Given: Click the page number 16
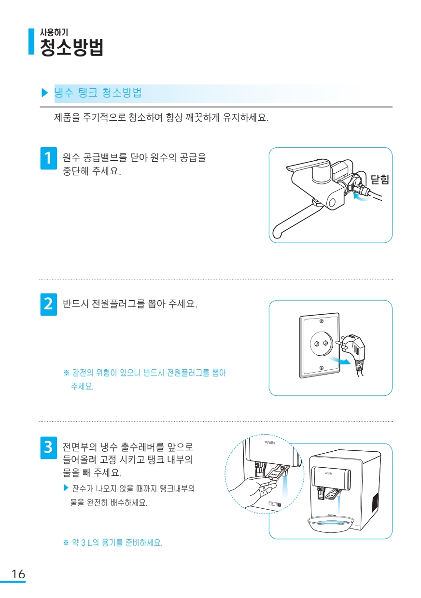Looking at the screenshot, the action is pos(18,574).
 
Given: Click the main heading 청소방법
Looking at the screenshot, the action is pos(71,47).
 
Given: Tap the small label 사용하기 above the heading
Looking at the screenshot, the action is pos(54,32).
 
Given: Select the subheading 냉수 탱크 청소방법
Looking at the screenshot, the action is pos(98,92).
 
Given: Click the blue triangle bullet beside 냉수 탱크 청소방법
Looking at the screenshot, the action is pos(44,93).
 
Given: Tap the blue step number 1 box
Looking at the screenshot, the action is pos(48,158).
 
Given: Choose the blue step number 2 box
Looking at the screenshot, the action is pos(48,304).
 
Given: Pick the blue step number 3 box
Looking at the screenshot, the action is pos(48,448).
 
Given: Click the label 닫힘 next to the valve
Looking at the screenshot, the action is pos(379,179).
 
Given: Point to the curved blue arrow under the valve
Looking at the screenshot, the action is pos(362,198).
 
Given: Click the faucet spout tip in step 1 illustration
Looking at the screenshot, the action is pos(277,234).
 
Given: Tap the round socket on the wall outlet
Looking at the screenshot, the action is pos(322,344).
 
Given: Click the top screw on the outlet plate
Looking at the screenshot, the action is pos(322,321).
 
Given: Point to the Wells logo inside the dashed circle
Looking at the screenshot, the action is pos(270,443).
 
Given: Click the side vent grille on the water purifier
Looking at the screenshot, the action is pos(375,502).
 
